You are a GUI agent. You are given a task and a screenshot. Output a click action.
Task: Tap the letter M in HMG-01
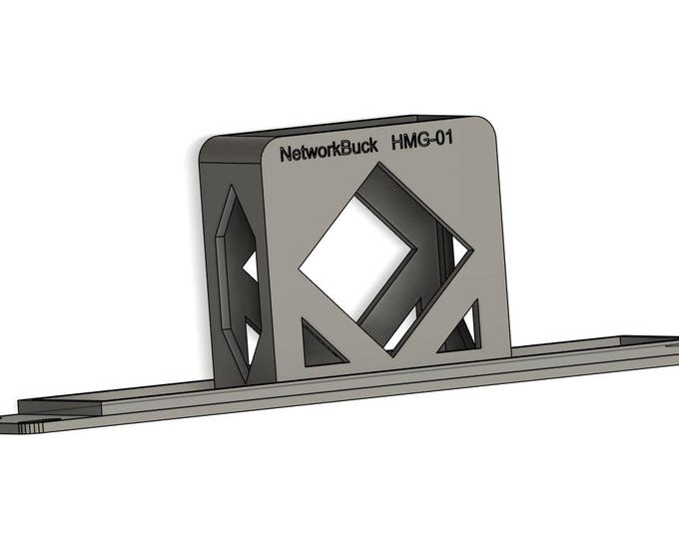tap(408, 145)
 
